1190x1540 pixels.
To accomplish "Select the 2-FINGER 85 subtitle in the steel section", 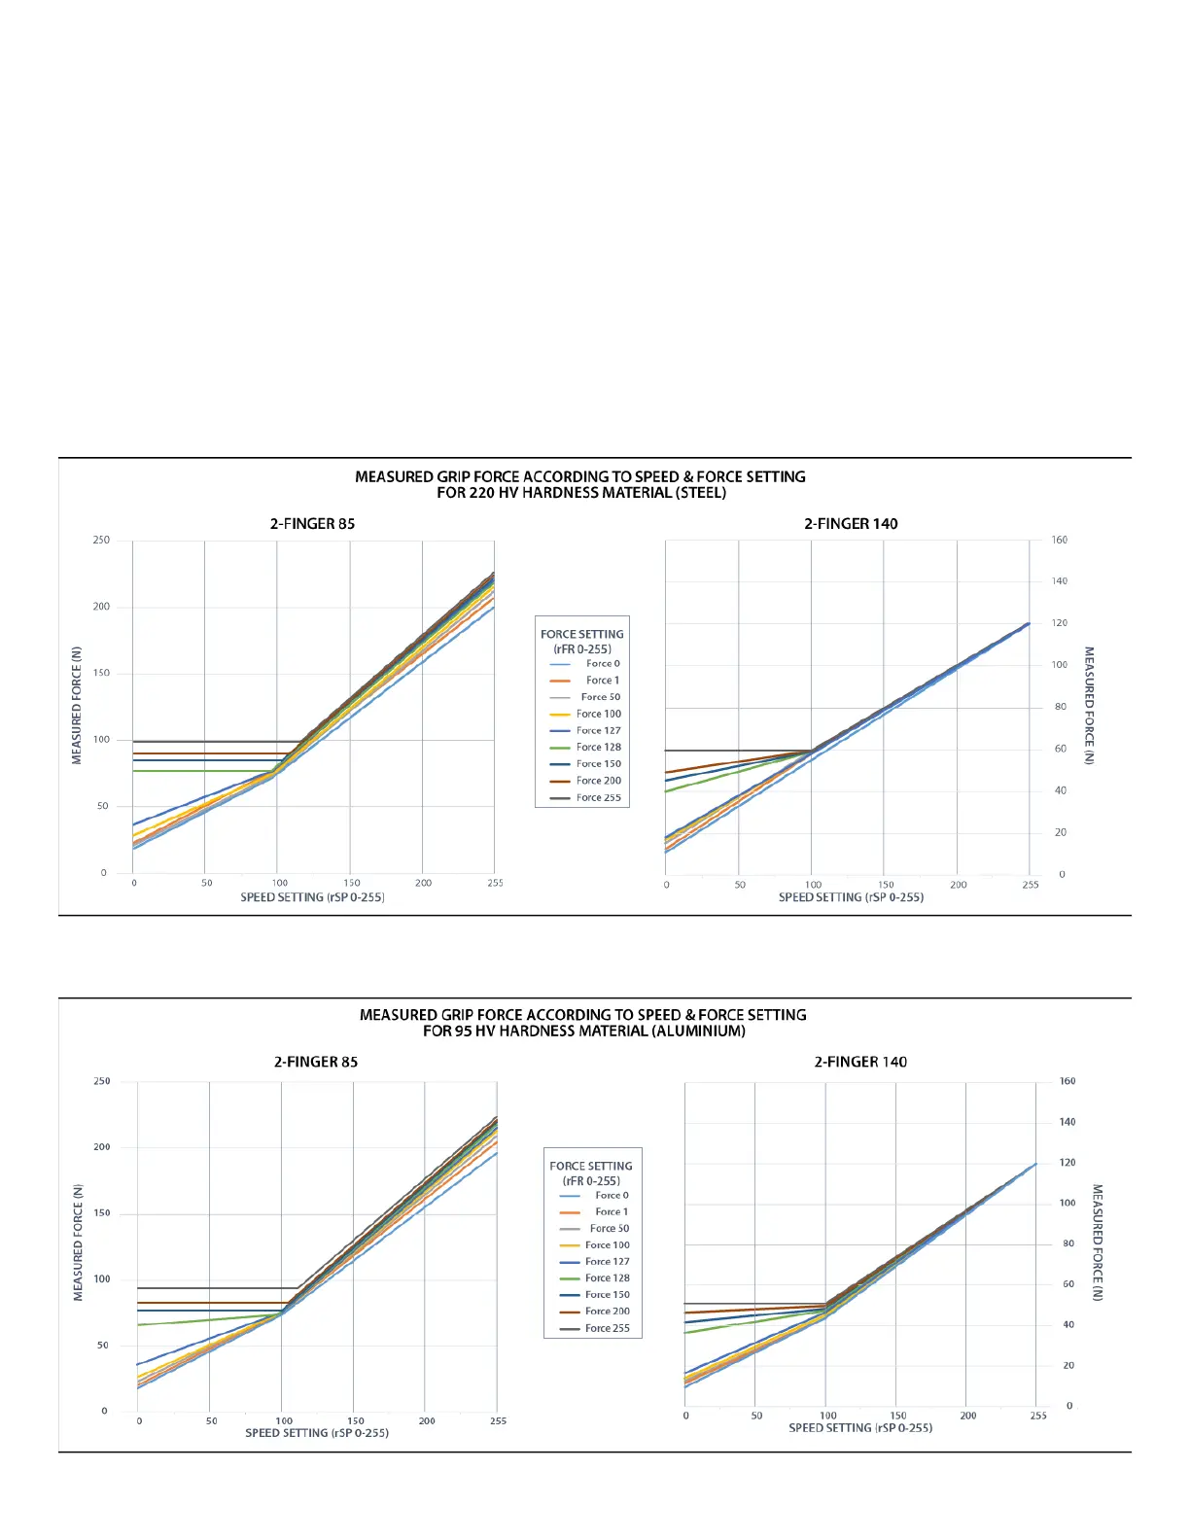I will (312, 524).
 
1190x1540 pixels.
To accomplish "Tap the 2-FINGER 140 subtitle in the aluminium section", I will (860, 1063).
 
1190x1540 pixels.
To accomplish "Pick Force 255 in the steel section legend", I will (598, 798).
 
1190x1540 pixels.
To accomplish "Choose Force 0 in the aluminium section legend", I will (612, 1196).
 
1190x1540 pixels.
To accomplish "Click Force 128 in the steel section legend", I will (598, 748).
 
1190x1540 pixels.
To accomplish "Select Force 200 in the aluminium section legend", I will (607, 1312).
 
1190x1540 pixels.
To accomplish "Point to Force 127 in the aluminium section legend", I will (607, 1262).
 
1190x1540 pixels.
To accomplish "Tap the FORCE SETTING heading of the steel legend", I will (582, 635).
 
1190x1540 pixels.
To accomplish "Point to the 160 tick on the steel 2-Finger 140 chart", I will (1059, 541).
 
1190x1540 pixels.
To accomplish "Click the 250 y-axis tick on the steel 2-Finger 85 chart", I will (101, 541).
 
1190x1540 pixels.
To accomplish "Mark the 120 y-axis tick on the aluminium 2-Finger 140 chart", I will (1067, 1163).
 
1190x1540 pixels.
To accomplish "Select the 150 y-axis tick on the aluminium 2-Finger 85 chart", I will (102, 1213).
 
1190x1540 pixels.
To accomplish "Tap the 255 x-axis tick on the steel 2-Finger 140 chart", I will (1031, 885).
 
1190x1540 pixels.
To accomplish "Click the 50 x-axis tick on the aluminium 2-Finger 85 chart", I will (212, 1421).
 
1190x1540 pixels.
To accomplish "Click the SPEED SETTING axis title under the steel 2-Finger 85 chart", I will (312, 897).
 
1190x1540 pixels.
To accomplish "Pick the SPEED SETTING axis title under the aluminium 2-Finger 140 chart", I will (860, 1428).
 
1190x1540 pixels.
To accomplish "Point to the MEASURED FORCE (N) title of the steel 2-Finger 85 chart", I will (77, 706).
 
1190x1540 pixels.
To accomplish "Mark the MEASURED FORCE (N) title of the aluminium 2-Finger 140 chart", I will (1098, 1242).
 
